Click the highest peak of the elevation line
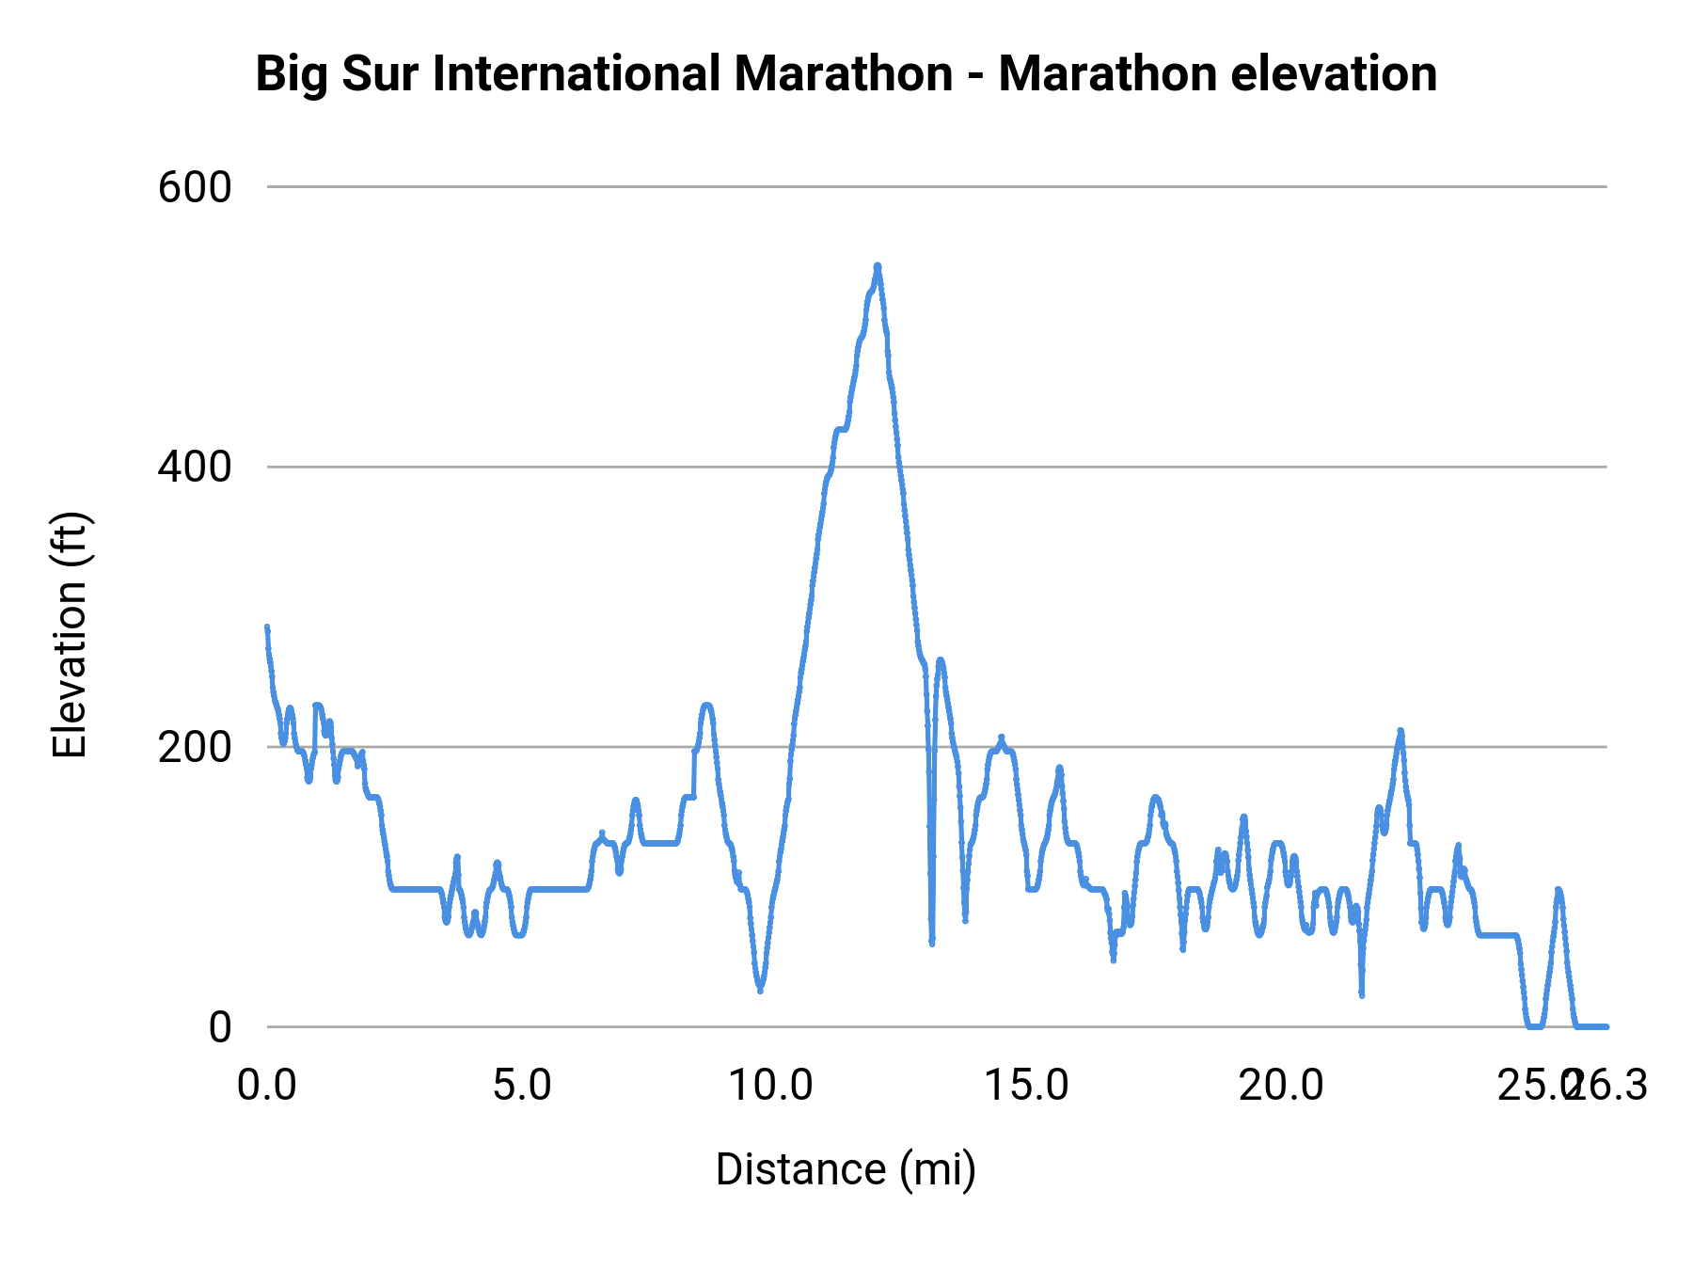(878, 266)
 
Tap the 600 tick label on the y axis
(195, 187)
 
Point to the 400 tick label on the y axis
(195, 467)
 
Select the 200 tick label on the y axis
(195, 747)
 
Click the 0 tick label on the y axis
(220, 1026)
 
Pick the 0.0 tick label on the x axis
(267, 1086)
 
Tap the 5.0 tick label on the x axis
(522, 1086)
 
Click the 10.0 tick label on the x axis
(771, 1086)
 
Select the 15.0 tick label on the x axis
(1026, 1086)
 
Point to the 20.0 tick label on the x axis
(1281, 1086)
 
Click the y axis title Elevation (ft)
(70, 635)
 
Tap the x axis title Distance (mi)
(846, 1169)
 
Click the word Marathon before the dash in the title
(844, 73)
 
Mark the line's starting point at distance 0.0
(267, 627)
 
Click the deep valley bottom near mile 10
(760, 990)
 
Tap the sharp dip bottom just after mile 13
(932, 943)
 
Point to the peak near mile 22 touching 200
(1400, 731)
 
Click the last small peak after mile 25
(1559, 890)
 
